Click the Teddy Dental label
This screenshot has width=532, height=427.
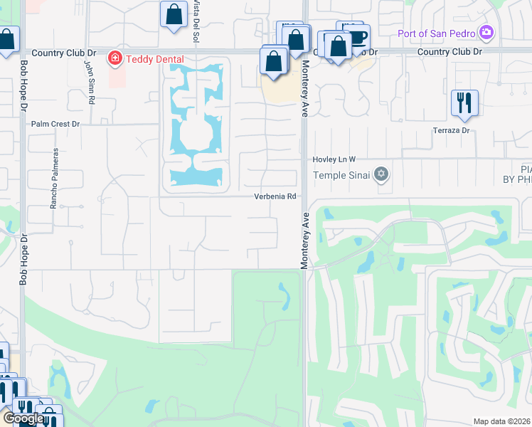pyautogui.click(x=154, y=59)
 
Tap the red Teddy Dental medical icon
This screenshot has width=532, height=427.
pyautogui.click(x=113, y=58)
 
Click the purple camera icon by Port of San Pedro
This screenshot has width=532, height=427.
pyautogui.click(x=486, y=31)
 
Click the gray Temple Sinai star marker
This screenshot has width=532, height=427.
pyautogui.click(x=381, y=174)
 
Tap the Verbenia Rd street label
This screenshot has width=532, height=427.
pyautogui.click(x=275, y=196)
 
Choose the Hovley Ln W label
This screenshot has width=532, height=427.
pyautogui.click(x=334, y=159)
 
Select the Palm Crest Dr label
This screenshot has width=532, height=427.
pyautogui.click(x=55, y=123)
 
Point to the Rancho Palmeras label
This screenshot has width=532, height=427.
pyautogui.click(x=53, y=178)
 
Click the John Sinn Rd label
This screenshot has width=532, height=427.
pyautogui.click(x=90, y=82)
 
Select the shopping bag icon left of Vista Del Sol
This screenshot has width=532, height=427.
pyautogui.click(x=174, y=14)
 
